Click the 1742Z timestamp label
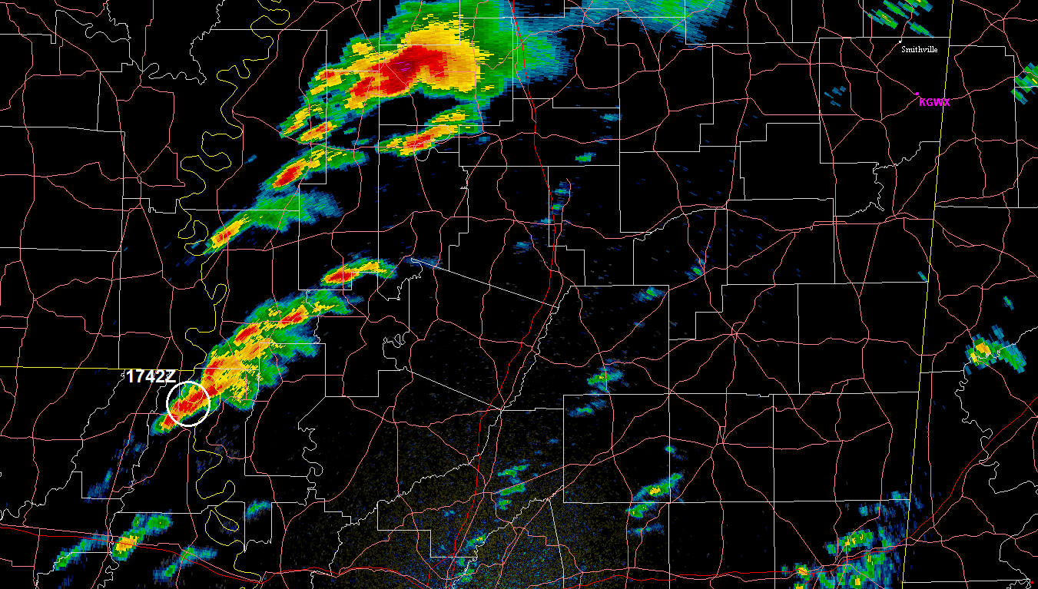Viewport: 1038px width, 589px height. pos(151,376)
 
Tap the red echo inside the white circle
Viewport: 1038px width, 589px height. pos(187,402)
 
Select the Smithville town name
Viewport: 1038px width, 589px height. pos(920,49)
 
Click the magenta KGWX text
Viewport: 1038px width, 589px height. pos(934,101)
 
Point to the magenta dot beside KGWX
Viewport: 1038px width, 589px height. pos(917,94)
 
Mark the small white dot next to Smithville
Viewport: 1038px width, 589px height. pos(900,41)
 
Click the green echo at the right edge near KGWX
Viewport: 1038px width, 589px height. pos(1027,83)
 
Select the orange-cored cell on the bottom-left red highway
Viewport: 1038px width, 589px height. pos(124,544)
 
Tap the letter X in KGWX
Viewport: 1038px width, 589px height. pos(946,101)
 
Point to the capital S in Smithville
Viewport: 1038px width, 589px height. pos(904,49)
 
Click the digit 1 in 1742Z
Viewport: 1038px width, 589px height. pos(131,376)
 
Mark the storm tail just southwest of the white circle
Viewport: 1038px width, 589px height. pos(160,422)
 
